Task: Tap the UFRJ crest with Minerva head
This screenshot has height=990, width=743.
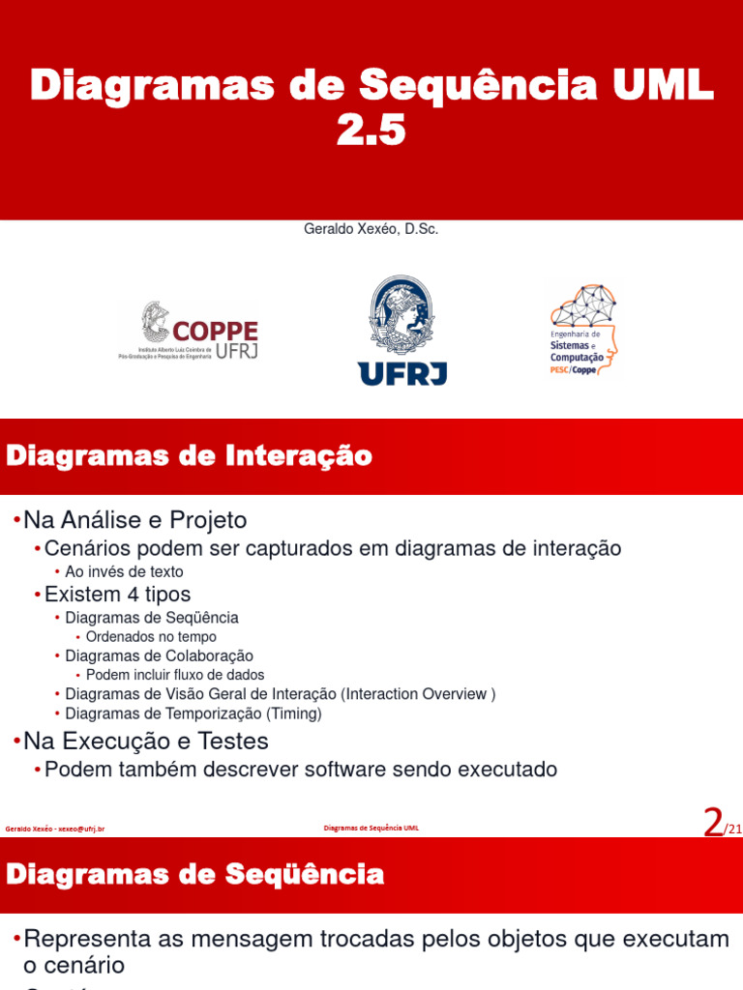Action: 401,331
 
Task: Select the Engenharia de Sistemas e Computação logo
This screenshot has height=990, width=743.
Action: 584,331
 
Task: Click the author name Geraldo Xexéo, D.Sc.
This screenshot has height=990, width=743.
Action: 371,230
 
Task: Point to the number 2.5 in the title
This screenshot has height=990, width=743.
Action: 371,131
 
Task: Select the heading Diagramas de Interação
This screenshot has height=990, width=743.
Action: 190,455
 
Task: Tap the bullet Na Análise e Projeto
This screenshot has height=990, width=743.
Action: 135,520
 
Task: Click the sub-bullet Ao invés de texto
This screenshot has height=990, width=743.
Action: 124,571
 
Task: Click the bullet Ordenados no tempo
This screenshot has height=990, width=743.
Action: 151,637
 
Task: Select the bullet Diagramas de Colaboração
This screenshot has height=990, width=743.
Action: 159,655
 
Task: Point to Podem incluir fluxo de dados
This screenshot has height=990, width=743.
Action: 175,675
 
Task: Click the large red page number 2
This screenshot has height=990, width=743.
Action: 713,823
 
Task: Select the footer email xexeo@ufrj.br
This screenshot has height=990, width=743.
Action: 81,829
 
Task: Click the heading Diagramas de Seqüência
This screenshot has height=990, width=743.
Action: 195,875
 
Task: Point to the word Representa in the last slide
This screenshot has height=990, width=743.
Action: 81,939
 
